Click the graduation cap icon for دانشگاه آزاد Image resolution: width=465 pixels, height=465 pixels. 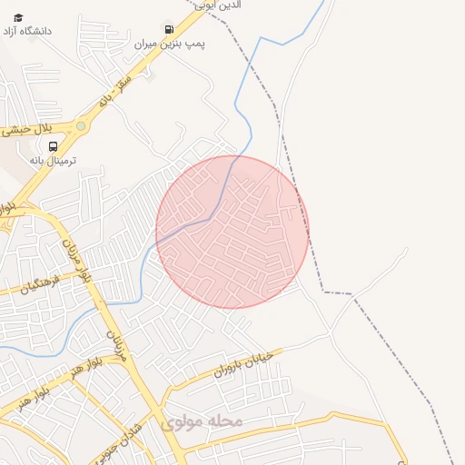(18, 18)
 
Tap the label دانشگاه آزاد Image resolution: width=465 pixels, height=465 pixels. (42, 31)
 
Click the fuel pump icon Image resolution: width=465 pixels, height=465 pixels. (169, 30)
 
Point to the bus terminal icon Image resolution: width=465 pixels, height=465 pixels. (53, 145)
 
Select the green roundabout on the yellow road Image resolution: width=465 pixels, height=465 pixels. (81, 125)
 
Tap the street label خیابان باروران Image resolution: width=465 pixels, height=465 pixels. (243, 364)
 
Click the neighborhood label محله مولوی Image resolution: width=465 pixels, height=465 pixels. (202, 421)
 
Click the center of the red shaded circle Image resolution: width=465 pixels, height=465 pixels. (232, 232)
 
